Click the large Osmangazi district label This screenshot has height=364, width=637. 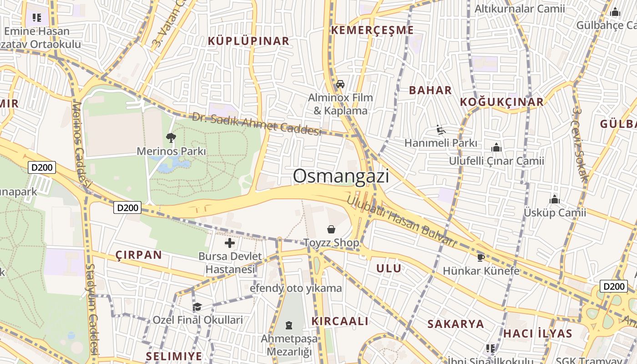point(341,176)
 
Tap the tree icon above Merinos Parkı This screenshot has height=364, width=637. point(171,137)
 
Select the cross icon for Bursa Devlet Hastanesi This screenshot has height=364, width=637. point(230,243)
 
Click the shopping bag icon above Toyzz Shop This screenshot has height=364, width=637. point(331,229)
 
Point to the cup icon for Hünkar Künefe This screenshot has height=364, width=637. point(480,258)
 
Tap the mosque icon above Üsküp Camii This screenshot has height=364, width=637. point(554,199)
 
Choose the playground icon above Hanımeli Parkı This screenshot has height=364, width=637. point(440,130)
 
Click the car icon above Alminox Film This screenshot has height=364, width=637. point(340,84)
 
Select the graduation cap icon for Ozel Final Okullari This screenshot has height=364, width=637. point(197,307)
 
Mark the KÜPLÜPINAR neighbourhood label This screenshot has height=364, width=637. point(248,41)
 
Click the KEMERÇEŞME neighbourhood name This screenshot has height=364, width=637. point(372,30)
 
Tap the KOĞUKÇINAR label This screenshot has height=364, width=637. point(501,102)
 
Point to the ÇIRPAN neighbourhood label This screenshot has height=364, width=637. point(138,255)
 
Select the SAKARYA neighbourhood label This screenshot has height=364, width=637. point(455,324)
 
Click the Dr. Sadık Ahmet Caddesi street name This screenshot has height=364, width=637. point(257,124)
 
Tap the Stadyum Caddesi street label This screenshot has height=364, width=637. point(92,309)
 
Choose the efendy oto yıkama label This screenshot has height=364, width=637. point(296,288)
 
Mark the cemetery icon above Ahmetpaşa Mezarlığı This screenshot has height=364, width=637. point(289,325)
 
